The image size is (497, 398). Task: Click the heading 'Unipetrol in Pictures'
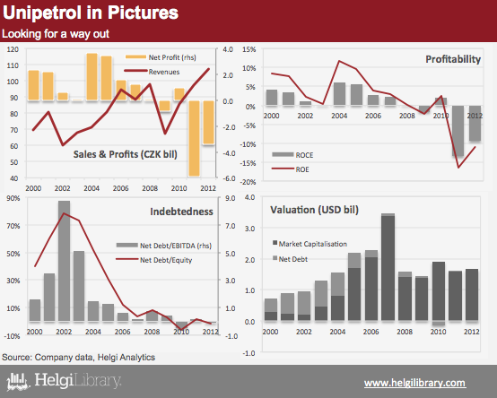tap(91, 13)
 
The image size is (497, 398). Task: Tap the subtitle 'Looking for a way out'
tap(56, 34)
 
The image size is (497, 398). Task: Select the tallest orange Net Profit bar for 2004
tap(92, 77)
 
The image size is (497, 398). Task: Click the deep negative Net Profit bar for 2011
tap(194, 138)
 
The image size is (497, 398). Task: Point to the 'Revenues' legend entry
tap(153, 72)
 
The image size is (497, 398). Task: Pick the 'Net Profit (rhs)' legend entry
tap(161, 57)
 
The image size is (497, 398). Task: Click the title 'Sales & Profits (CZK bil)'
tap(126, 154)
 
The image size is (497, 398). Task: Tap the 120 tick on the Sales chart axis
tap(13, 49)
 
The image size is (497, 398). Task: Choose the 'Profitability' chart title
tap(453, 59)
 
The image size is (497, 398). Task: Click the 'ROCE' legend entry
tap(292, 155)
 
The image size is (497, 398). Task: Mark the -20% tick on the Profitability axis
tap(248, 182)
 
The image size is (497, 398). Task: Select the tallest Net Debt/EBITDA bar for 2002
tap(64, 261)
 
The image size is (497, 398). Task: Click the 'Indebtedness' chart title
tap(181, 212)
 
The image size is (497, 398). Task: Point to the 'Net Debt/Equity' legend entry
tap(154, 260)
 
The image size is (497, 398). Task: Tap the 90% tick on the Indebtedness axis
tap(13, 198)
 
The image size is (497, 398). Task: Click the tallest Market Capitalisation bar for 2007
tap(388, 268)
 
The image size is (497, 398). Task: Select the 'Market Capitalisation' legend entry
tap(310, 244)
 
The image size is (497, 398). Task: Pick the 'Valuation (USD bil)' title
tap(314, 210)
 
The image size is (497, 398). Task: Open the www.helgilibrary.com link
tap(414, 383)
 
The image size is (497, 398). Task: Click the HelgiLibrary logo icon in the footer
tap(18, 381)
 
